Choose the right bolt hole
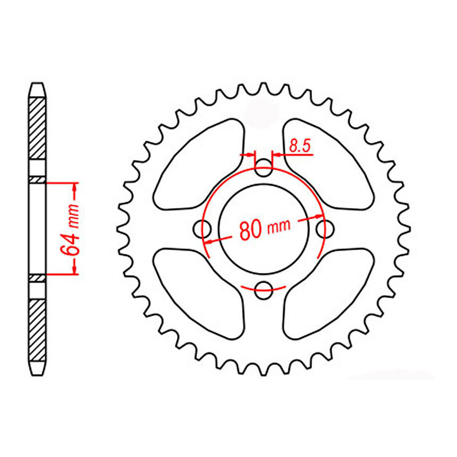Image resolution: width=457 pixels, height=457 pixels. point(325,229)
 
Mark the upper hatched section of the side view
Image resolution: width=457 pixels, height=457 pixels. point(37,127)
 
